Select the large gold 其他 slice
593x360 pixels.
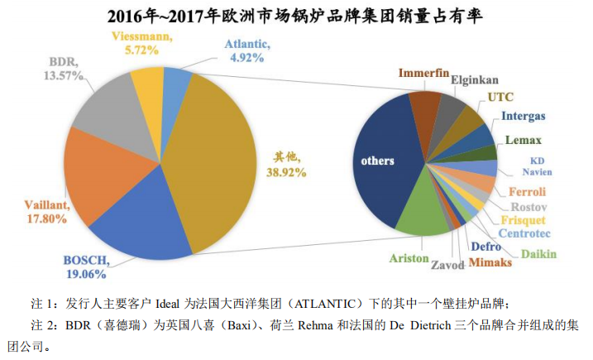(215, 157)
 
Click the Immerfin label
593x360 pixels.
(423, 72)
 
